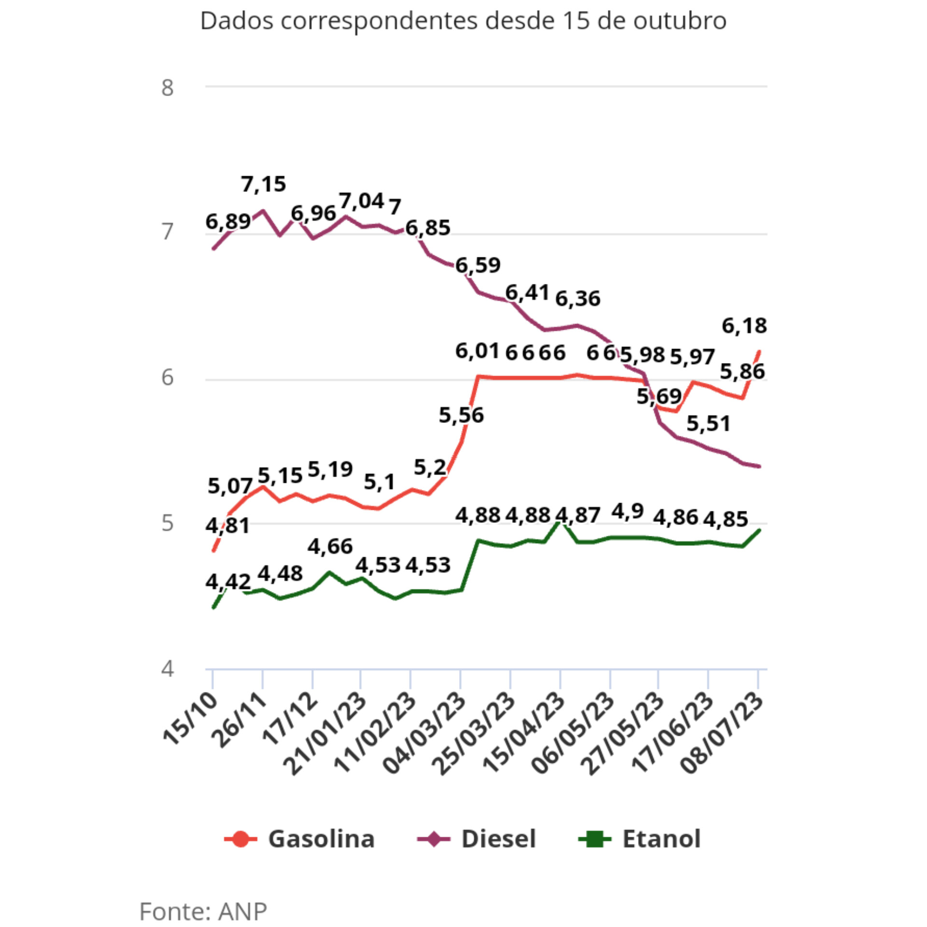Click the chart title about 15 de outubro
pyautogui.click(x=463, y=21)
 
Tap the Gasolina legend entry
pyautogui.click(x=299, y=839)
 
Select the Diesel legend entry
pyautogui.click(x=477, y=839)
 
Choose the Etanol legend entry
pyautogui.click(x=639, y=839)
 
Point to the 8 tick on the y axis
pyautogui.click(x=167, y=88)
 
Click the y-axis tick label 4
pyautogui.click(x=167, y=669)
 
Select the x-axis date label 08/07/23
pyautogui.click(x=722, y=734)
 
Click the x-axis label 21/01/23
pyautogui.click(x=324, y=734)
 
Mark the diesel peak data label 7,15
pyautogui.click(x=264, y=184)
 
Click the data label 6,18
pyautogui.click(x=744, y=326)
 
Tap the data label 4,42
pyautogui.click(x=228, y=582)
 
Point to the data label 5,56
pyautogui.click(x=461, y=415)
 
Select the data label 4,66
pyautogui.click(x=330, y=547)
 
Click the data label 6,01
pyautogui.click(x=478, y=351)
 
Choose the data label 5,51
pyautogui.click(x=708, y=424)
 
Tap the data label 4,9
pyautogui.click(x=628, y=511)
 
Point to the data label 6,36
pyautogui.click(x=578, y=299)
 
